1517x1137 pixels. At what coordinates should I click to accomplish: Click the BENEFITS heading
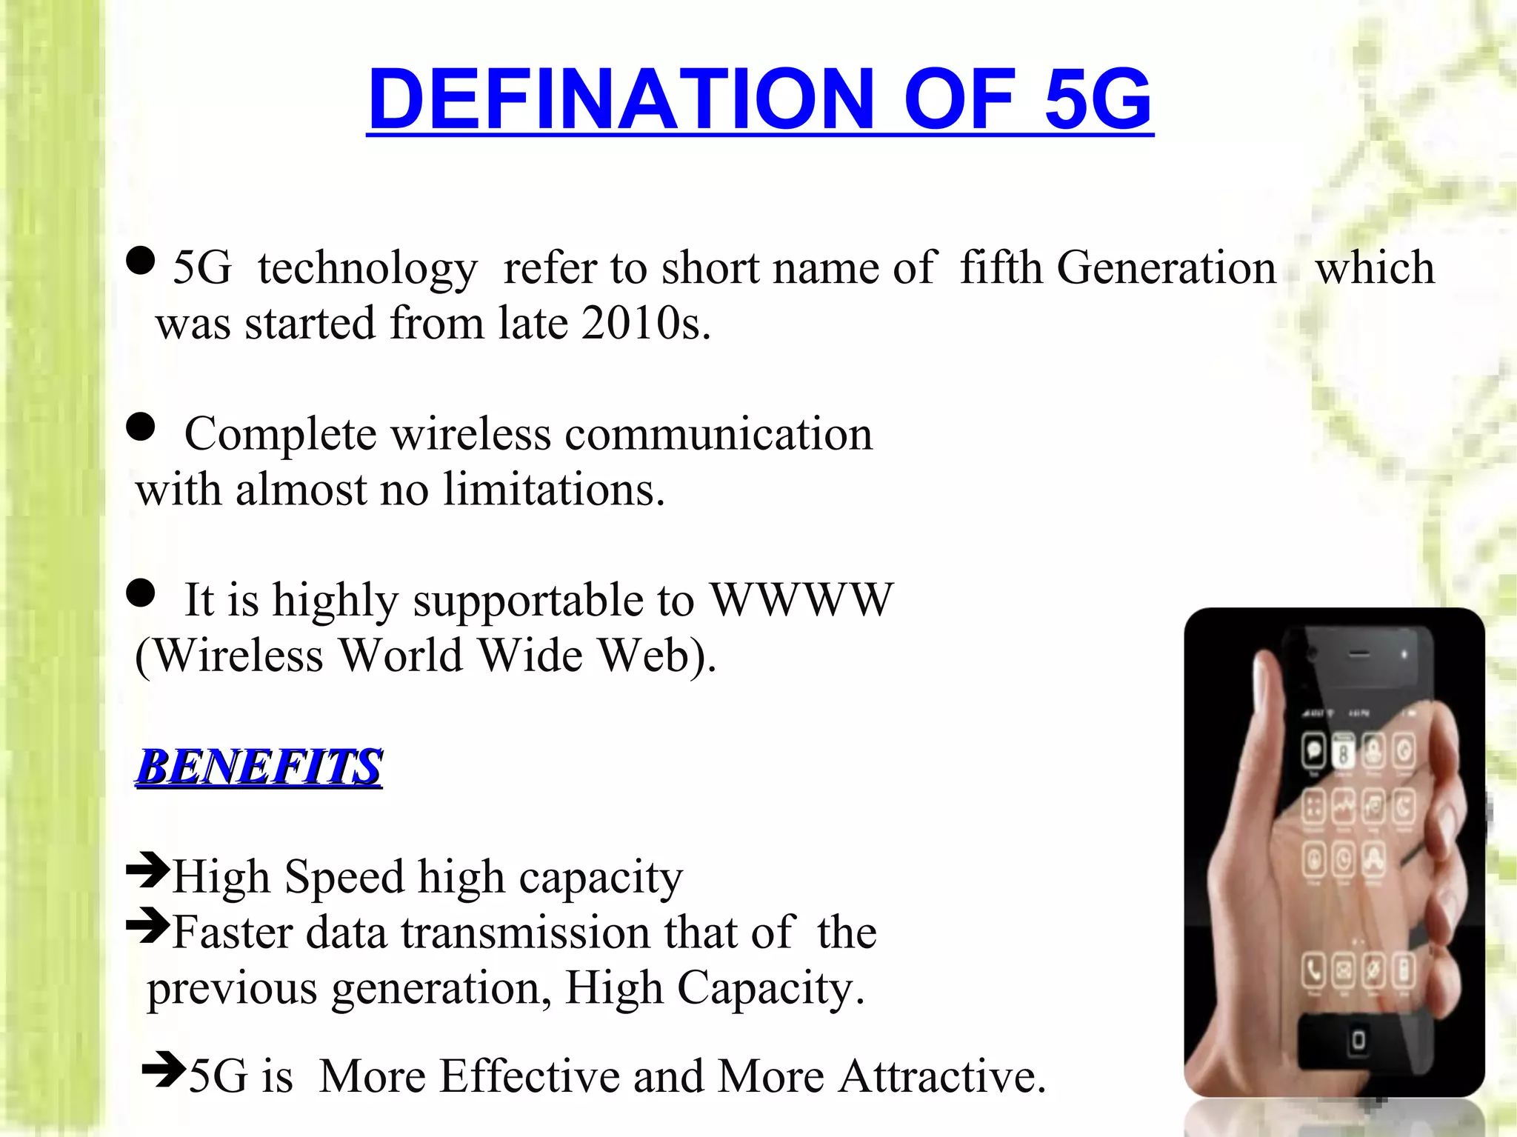tap(259, 766)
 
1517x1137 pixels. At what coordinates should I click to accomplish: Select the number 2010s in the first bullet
tap(645, 324)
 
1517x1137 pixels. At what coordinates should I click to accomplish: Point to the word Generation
tap(1166, 267)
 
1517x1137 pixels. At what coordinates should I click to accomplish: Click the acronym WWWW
tap(801, 599)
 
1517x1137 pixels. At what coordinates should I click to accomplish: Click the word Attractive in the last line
tap(941, 1076)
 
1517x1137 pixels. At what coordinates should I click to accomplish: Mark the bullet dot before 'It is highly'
tap(141, 593)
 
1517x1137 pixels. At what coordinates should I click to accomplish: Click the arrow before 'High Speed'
tap(148, 870)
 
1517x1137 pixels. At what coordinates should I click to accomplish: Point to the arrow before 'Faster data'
tap(148, 925)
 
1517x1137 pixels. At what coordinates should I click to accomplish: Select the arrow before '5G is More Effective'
tap(164, 1069)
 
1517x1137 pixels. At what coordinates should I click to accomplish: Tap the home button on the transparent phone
tap(1358, 1040)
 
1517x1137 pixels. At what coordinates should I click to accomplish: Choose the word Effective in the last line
tap(530, 1076)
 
